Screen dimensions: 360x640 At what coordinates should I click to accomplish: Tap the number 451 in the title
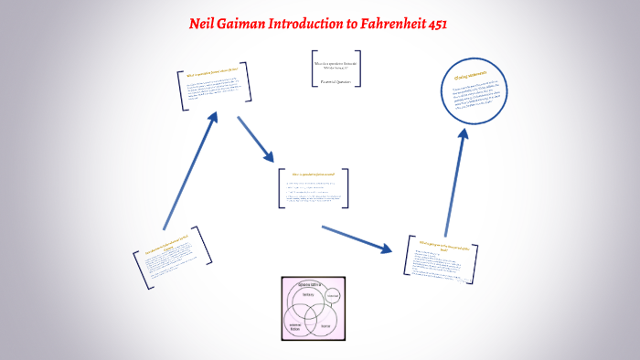point(432,25)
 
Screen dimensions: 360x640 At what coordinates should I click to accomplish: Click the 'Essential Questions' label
point(336,81)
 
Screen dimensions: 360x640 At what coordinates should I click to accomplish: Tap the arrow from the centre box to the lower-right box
point(356,237)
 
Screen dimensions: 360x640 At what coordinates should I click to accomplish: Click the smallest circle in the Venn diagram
point(332,296)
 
